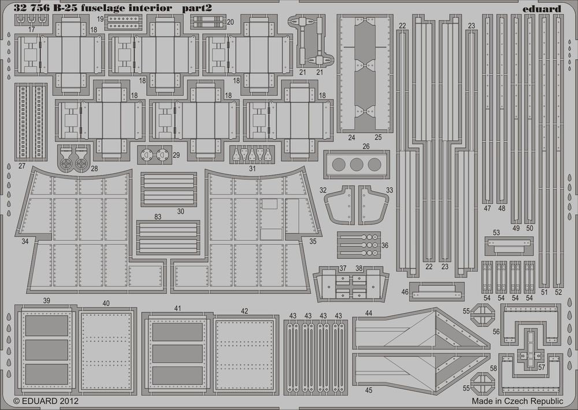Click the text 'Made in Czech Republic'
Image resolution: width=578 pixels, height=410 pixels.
pos(517,400)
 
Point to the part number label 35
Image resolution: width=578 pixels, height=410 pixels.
pos(313,241)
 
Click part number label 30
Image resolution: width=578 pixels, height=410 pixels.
pos(181,211)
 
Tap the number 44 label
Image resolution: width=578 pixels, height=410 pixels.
pos(369,312)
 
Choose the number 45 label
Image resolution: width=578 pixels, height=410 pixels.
pos(369,390)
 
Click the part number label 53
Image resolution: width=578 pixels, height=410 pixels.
pos(496,232)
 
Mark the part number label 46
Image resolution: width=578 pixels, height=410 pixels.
pos(405,292)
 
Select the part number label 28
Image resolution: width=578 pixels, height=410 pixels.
pos(94,169)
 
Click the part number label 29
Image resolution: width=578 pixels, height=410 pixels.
pos(176,155)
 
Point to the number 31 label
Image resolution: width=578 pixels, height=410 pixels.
pos(252,169)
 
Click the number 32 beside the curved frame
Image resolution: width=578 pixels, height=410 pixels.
pos(323,190)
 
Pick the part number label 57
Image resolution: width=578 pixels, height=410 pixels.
pos(540,367)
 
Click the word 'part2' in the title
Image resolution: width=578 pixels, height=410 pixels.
pos(203,9)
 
